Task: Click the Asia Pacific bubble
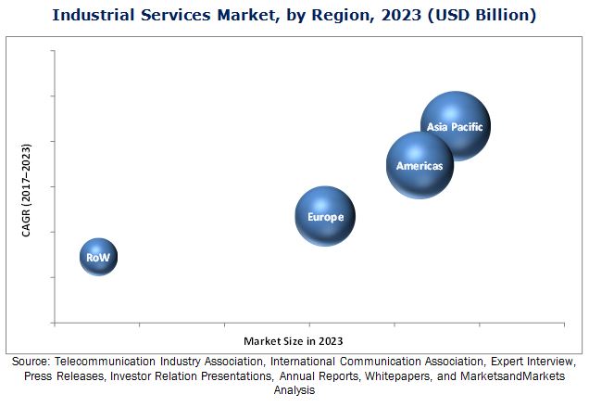tap(455, 126)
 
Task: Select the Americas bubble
tap(420, 165)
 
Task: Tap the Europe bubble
tap(325, 216)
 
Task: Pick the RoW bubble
tap(98, 257)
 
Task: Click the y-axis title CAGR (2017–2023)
tap(28, 190)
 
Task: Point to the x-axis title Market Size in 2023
tap(294, 341)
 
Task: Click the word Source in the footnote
tap(32, 361)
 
